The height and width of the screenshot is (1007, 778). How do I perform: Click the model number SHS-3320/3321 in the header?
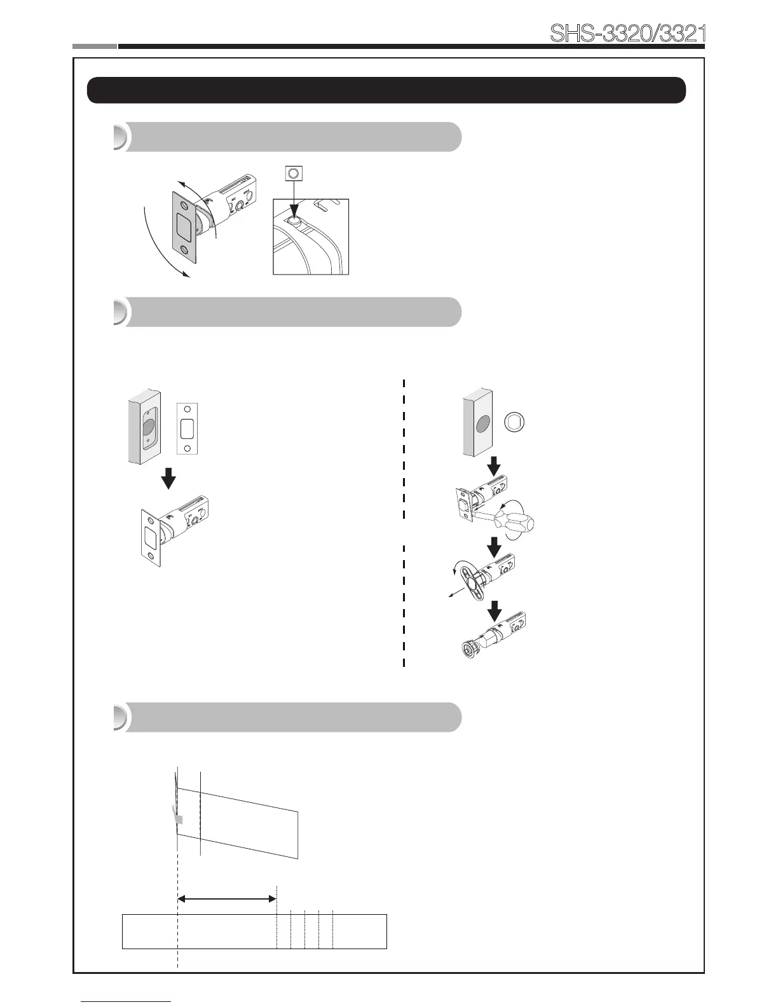pos(628,34)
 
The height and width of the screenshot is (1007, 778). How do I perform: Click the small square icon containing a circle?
pos(293,173)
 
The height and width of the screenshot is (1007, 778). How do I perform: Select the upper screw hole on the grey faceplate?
pos(184,207)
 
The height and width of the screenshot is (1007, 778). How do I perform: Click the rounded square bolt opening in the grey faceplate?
pos(184,227)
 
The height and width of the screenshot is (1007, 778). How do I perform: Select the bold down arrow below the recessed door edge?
pos(168,478)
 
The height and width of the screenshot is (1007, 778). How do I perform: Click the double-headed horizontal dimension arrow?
pos(227,899)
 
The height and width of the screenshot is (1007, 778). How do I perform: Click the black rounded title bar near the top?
pos(386,90)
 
